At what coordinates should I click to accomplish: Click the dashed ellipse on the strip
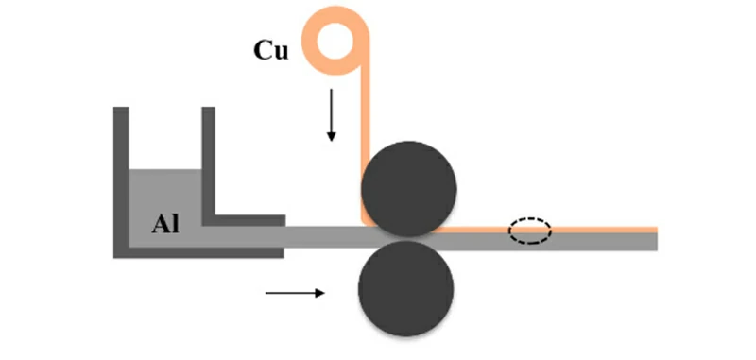530,231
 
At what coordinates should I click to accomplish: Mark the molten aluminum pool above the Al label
165,189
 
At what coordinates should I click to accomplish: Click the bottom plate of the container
198,251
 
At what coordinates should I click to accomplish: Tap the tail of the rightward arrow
267,293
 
